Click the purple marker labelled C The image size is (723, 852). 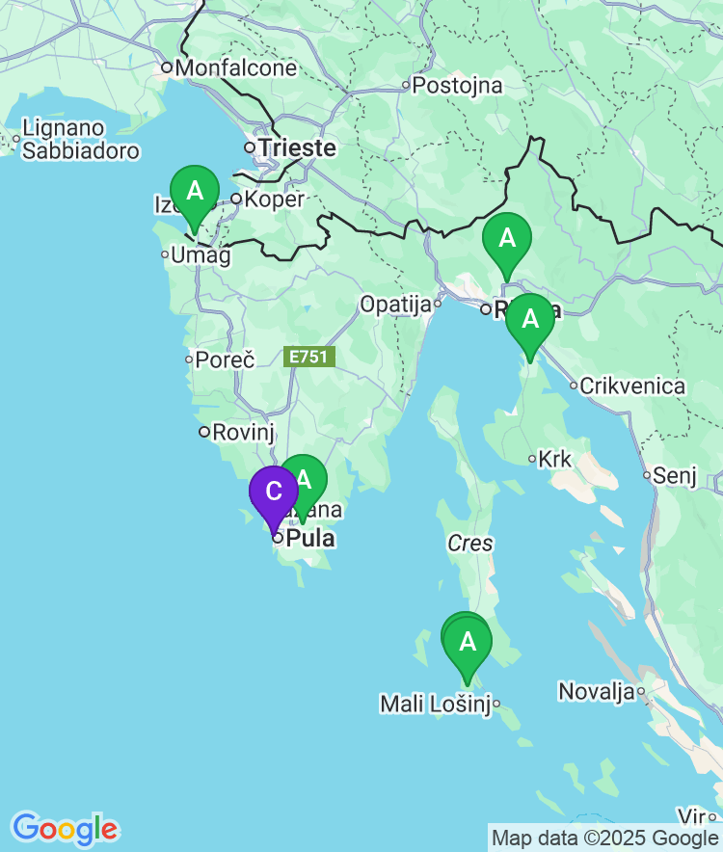[274, 493]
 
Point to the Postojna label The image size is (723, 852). [457, 86]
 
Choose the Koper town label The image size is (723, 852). [274, 200]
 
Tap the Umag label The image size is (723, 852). [201, 255]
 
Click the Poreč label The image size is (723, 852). [225, 360]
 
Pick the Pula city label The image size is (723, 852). [310, 538]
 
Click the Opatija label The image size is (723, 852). [394, 306]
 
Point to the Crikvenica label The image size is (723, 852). [633, 386]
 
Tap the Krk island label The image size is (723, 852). [555, 460]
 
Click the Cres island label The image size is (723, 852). [470, 544]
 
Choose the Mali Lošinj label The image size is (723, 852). [436, 705]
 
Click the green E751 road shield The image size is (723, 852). [310, 357]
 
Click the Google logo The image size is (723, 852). [65, 828]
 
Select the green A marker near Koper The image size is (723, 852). [195, 192]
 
